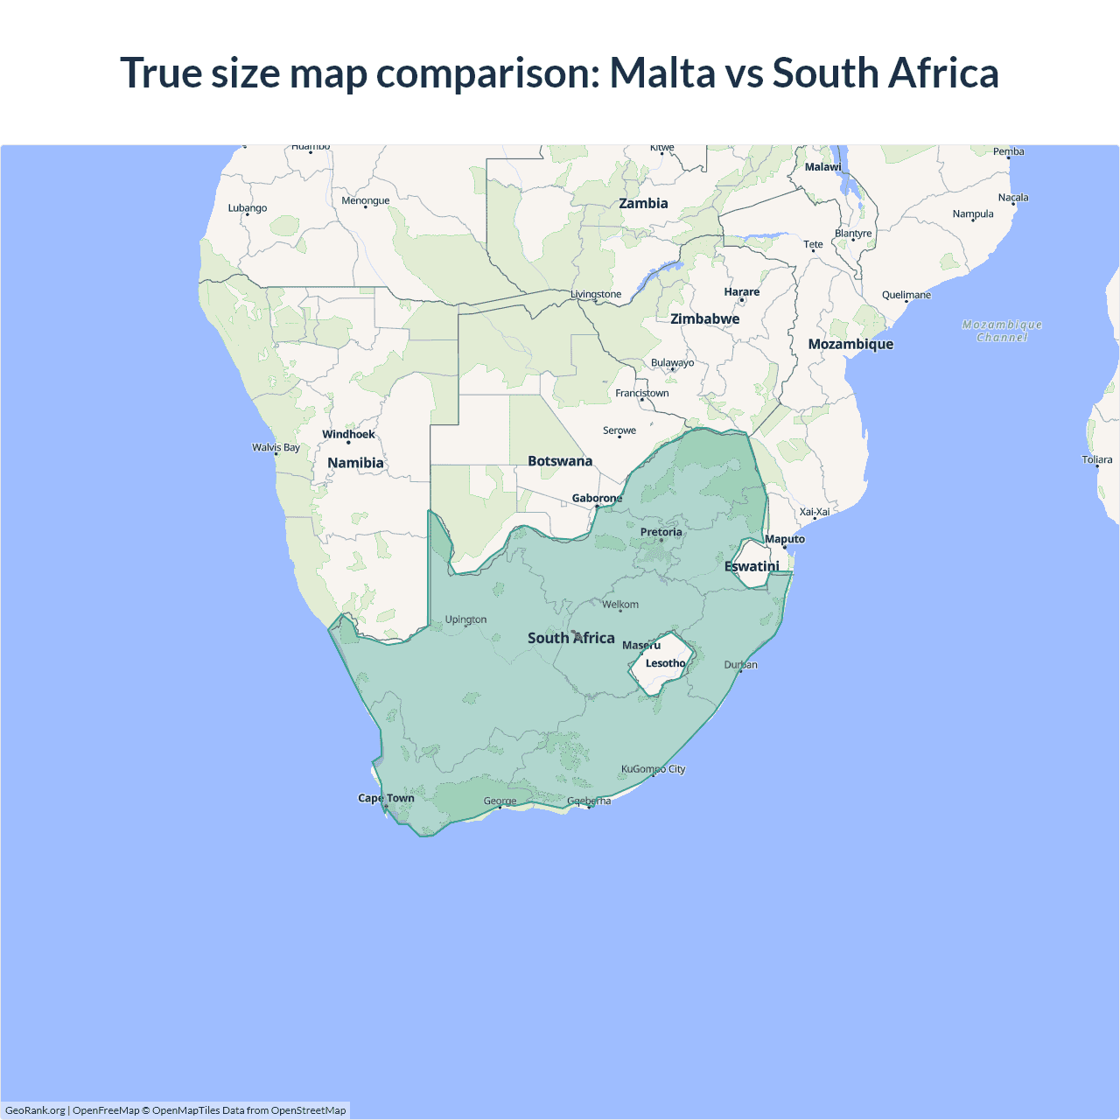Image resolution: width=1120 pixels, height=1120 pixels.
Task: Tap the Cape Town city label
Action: pyautogui.click(x=386, y=798)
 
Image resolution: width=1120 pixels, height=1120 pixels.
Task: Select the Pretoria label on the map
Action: pyautogui.click(x=661, y=532)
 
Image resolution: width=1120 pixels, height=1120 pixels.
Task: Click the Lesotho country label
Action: pyautogui.click(x=665, y=663)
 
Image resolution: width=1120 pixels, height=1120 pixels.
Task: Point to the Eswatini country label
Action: pyautogui.click(x=752, y=566)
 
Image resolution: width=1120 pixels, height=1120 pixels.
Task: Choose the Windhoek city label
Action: pyautogui.click(x=348, y=434)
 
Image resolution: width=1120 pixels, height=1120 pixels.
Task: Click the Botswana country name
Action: pyautogui.click(x=560, y=461)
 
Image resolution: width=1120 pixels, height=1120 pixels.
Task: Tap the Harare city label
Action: pyautogui.click(x=741, y=292)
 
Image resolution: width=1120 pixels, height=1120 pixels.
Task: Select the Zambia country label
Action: pyautogui.click(x=643, y=204)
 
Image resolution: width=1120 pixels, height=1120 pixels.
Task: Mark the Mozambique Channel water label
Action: pyautogui.click(x=1002, y=331)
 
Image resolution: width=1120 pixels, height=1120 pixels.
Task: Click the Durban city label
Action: pyautogui.click(x=740, y=665)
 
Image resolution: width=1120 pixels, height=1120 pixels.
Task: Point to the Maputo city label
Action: pyautogui.click(x=784, y=539)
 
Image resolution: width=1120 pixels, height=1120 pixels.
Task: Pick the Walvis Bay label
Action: pyautogui.click(x=276, y=447)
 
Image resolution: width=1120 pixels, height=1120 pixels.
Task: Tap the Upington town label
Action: pyautogui.click(x=465, y=619)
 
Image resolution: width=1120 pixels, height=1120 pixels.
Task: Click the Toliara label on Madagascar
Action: pyautogui.click(x=1096, y=459)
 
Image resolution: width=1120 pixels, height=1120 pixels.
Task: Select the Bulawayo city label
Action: pyautogui.click(x=672, y=363)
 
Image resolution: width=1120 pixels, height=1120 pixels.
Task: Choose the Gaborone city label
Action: pyautogui.click(x=597, y=498)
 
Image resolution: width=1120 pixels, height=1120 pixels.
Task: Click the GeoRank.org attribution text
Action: pyautogui.click(x=35, y=1110)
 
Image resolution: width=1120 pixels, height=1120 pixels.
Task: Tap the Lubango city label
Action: pyautogui.click(x=248, y=208)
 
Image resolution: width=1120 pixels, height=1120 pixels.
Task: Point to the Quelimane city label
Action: pyautogui.click(x=906, y=295)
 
